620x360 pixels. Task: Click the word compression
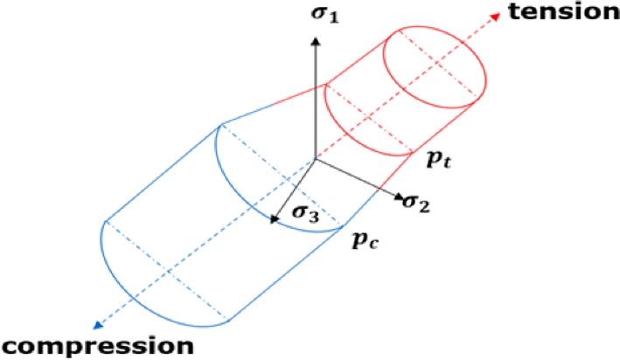point(96,344)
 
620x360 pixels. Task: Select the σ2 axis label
point(417,203)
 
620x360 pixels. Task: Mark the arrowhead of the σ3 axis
point(274,220)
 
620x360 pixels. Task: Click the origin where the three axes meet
point(314,160)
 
